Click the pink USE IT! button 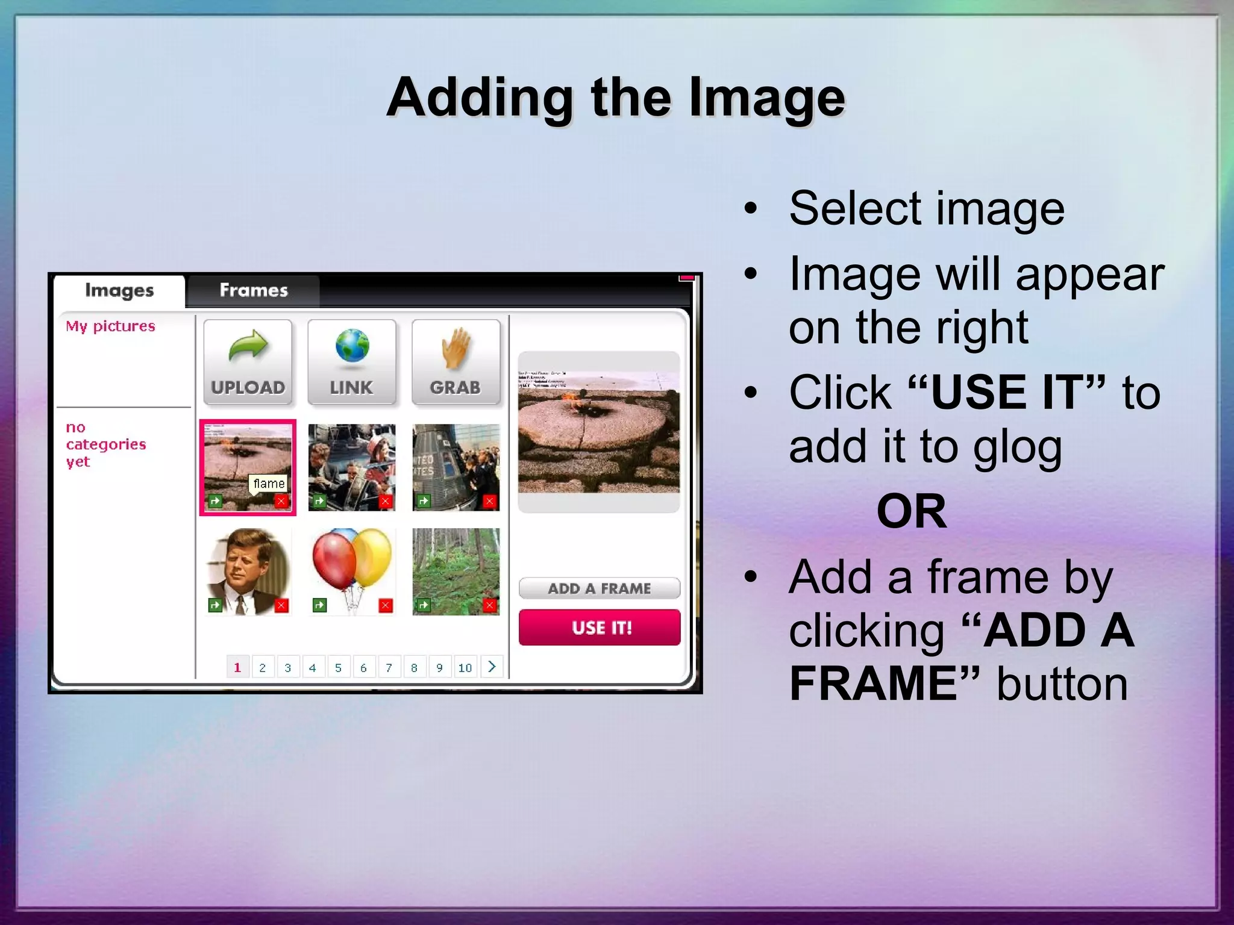click(x=600, y=628)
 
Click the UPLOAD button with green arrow click(x=248, y=362)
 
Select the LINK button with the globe click(x=352, y=362)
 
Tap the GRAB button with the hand click(x=456, y=362)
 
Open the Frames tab click(x=254, y=291)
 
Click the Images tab click(x=119, y=291)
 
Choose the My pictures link click(x=110, y=326)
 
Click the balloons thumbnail click(x=352, y=571)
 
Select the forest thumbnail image click(x=456, y=571)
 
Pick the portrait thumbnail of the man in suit click(x=248, y=571)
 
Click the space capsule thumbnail click(x=456, y=467)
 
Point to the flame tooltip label click(x=269, y=484)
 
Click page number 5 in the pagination click(x=338, y=667)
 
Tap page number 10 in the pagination click(x=465, y=667)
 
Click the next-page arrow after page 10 click(x=492, y=667)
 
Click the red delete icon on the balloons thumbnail click(x=386, y=605)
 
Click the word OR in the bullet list click(x=911, y=511)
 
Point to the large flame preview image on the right click(x=599, y=432)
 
